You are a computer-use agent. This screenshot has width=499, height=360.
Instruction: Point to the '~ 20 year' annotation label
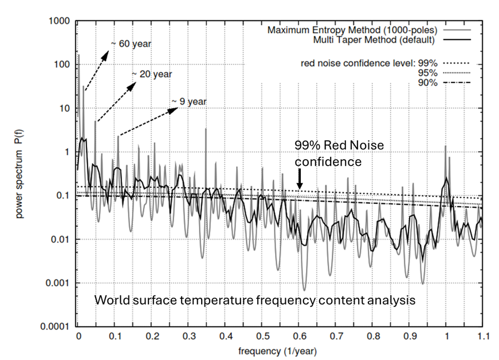[x=152, y=74]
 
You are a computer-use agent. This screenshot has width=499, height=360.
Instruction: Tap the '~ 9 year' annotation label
[x=189, y=102]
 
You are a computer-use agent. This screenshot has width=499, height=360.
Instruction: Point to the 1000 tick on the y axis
[x=60, y=21]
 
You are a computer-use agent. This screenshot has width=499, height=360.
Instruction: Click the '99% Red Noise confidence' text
[x=338, y=154]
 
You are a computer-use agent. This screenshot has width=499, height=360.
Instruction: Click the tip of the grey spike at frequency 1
[x=446, y=145]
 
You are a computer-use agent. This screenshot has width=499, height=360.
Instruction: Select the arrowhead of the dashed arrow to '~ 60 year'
[x=108, y=51]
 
